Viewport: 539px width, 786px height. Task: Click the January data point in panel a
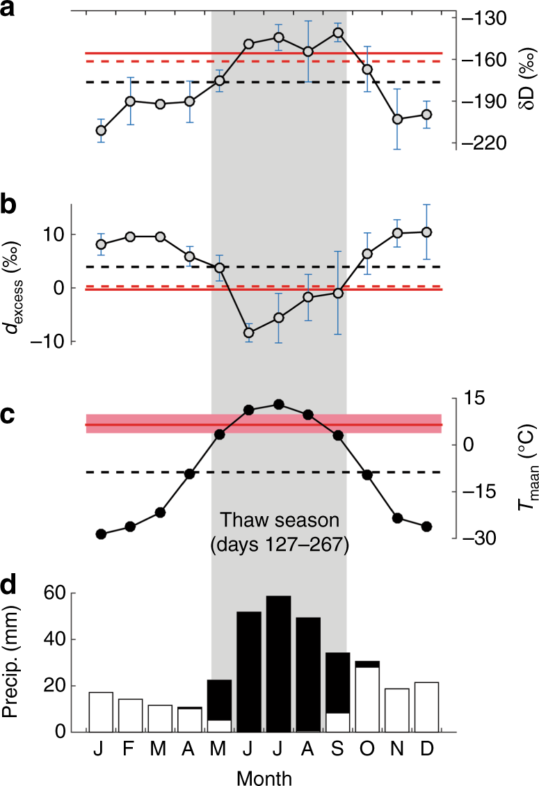click(101, 131)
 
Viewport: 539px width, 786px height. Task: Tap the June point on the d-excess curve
click(249, 332)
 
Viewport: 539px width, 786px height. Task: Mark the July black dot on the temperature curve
click(278, 404)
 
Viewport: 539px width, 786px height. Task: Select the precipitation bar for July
click(278, 664)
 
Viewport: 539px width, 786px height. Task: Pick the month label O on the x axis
click(367, 750)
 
